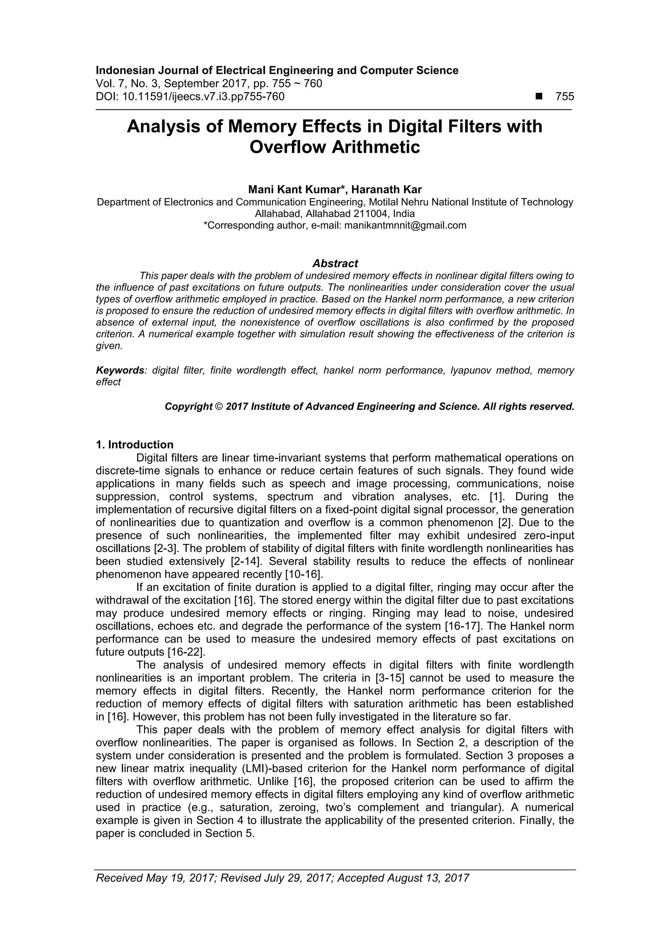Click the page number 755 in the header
564,97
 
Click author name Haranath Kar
386,189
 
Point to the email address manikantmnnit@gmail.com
405,225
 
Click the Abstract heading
335,263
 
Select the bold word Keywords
120,370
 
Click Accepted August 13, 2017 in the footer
403,889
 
